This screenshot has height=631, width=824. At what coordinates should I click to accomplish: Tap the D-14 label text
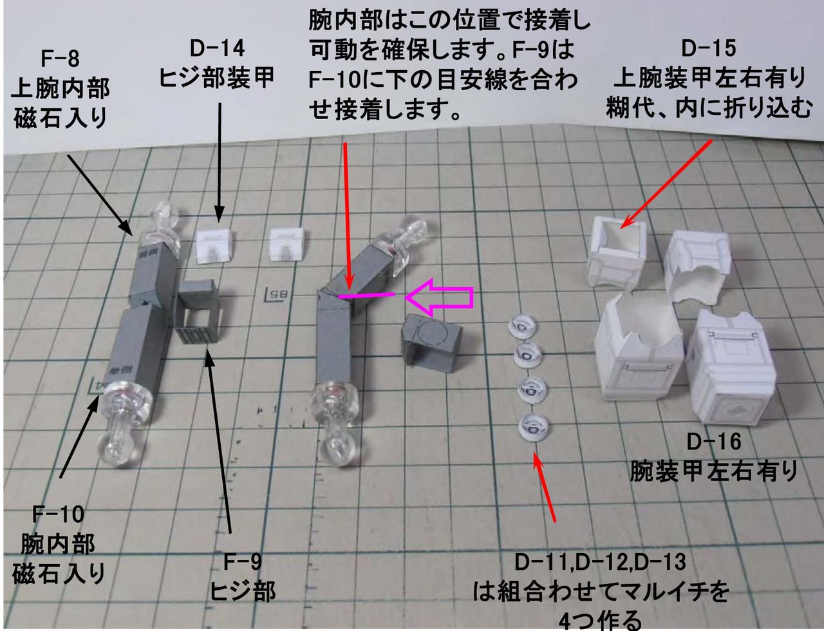tap(218, 48)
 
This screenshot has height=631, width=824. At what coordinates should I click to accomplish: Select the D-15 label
tap(708, 48)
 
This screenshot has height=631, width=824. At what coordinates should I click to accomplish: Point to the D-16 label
tap(713, 442)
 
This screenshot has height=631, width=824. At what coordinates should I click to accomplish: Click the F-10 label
tap(58, 514)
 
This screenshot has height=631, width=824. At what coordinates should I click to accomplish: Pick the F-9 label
tap(242, 562)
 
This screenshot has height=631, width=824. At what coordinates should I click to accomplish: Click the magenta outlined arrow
tap(439, 297)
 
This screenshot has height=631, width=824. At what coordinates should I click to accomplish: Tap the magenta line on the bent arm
tap(367, 296)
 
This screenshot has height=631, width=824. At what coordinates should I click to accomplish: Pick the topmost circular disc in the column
tap(523, 325)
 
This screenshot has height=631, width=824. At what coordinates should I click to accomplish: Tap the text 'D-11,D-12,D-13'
tap(600, 562)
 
